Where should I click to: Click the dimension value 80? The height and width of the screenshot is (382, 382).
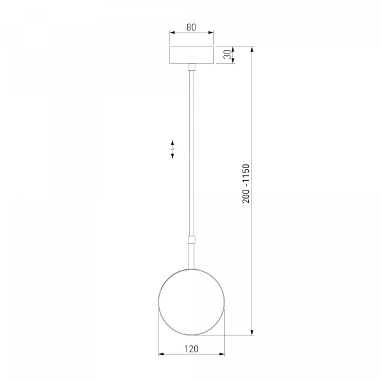[191, 27]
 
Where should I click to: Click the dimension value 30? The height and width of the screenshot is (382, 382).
[227, 55]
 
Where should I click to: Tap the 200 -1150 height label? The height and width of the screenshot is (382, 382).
[246, 184]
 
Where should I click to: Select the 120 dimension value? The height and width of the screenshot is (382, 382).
[192, 349]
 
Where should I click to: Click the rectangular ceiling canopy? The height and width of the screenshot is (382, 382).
[192, 55]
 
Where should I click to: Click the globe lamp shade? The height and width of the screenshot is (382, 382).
[191, 302]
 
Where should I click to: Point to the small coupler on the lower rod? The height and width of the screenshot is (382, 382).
[192, 239]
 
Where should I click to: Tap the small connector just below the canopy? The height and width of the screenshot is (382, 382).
[192, 67]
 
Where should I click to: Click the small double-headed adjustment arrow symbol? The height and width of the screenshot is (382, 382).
[173, 150]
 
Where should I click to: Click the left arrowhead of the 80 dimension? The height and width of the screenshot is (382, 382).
[173, 32]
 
